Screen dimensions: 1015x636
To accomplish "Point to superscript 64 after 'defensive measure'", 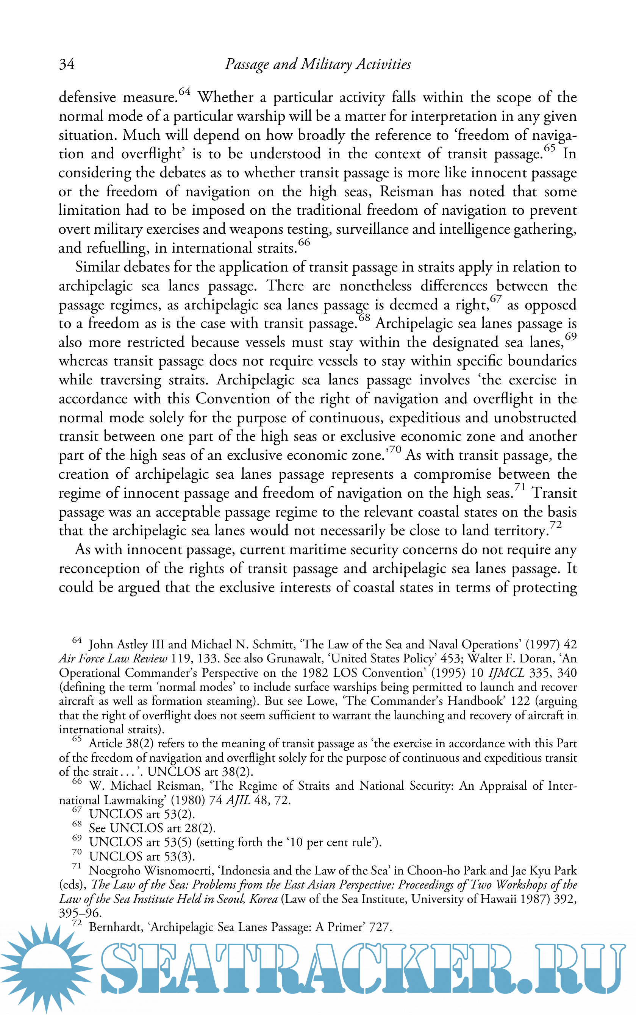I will point(184,91).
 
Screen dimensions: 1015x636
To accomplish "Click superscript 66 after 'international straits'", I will point(304,242).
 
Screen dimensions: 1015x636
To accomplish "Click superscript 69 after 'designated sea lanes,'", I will point(570,336).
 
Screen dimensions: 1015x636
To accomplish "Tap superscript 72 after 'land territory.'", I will point(556,525).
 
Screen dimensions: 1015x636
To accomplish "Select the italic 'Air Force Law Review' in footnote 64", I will point(113,659).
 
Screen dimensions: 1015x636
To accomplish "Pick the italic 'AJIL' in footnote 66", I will point(238,800).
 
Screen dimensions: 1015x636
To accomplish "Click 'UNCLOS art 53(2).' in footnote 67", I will point(142,814).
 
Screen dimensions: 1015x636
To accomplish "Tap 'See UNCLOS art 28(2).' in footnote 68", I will point(152,828).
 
